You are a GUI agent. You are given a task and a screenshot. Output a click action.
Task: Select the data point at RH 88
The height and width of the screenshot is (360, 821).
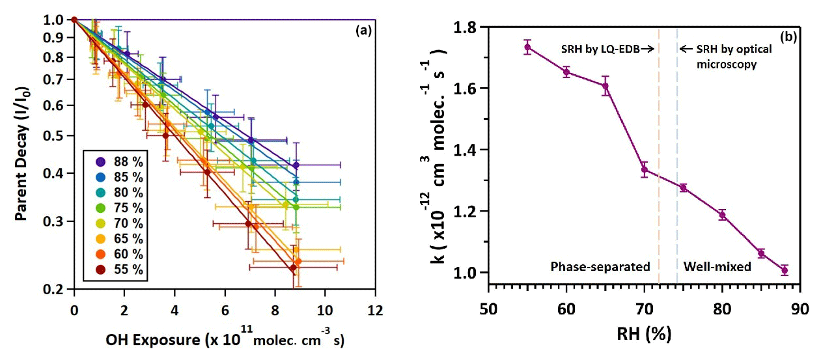coord(785,270)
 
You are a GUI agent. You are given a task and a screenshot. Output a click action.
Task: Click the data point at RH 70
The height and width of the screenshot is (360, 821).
coord(645,170)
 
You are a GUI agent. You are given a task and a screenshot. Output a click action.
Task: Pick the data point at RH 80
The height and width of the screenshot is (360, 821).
coord(722,214)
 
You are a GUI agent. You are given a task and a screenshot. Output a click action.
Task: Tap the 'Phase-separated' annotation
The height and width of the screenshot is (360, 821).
coord(600,266)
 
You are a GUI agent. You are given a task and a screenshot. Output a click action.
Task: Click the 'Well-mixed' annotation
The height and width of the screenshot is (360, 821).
coord(717,266)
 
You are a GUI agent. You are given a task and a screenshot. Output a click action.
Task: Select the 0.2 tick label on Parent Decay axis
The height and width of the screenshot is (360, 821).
coord(56,290)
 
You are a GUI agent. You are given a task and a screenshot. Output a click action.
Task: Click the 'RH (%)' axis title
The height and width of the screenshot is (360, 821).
coord(644,335)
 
